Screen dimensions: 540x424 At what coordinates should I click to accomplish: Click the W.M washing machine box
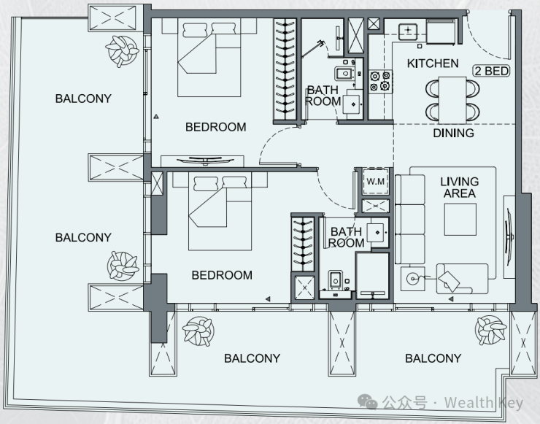click(375, 181)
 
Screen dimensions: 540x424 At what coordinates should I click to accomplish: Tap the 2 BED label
click(491, 71)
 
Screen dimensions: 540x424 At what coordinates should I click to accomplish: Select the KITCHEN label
click(433, 63)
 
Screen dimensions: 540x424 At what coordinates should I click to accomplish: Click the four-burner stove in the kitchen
click(380, 81)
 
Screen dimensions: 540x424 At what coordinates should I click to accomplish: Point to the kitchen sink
click(408, 31)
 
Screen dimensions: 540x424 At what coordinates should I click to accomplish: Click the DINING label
click(453, 133)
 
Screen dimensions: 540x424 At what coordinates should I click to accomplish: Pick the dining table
click(452, 100)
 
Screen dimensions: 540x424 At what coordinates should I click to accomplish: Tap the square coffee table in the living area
click(460, 220)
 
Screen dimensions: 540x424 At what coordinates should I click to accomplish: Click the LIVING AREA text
click(460, 188)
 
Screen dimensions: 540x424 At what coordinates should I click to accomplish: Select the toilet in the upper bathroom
click(344, 74)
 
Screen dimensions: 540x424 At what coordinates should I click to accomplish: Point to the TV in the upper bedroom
click(205, 160)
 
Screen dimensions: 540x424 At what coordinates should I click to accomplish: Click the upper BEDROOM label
click(215, 127)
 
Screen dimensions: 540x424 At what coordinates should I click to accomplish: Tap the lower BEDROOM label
click(222, 275)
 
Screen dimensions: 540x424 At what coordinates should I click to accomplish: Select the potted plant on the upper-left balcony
click(122, 50)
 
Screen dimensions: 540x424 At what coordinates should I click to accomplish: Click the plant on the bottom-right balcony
click(491, 331)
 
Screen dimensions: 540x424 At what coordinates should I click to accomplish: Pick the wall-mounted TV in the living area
click(509, 237)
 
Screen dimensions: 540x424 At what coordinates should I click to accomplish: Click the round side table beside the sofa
click(412, 278)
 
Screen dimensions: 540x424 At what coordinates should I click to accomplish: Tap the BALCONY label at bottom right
click(433, 358)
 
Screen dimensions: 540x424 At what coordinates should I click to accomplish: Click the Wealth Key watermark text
click(484, 403)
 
